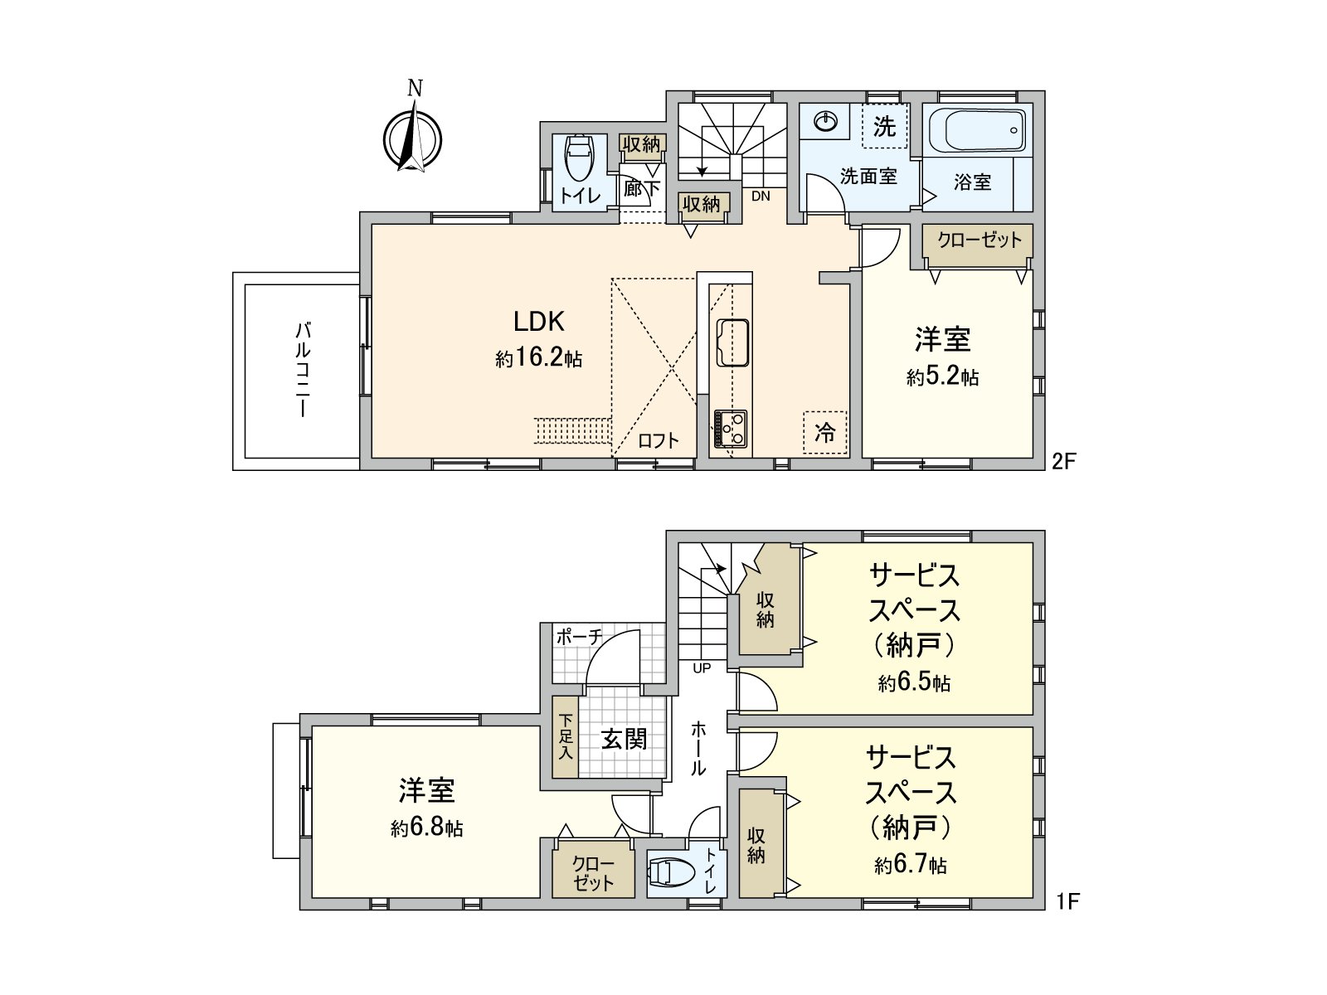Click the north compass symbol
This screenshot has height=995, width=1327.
point(412,138)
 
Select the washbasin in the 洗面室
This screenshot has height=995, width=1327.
point(826,123)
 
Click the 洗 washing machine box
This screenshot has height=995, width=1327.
point(884,127)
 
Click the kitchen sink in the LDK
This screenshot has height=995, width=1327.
point(732,342)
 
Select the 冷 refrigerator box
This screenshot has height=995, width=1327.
point(824,432)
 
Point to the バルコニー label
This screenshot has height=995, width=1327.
point(303,370)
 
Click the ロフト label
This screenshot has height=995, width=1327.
point(659,441)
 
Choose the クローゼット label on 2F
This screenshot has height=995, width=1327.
point(979,240)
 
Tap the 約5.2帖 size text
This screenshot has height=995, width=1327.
point(942,376)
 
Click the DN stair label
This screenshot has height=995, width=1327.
point(761,197)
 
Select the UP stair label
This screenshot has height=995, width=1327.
point(702,668)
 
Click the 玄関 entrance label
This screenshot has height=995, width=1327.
point(624,738)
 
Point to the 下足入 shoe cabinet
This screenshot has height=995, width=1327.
point(566,736)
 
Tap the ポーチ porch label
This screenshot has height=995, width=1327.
point(579,637)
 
